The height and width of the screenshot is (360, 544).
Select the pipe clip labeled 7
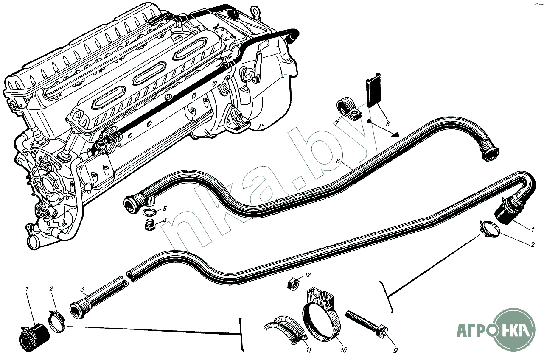click(x=348, y=108)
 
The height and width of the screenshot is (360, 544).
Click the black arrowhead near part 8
click(x=394, y=135)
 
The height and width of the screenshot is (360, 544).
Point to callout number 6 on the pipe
click(x=338, y=161)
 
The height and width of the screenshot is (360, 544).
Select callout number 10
click(x=344, y=350)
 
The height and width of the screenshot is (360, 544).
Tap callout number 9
click(x=395, y=350)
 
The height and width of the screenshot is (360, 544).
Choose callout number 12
click(x=308, y=275)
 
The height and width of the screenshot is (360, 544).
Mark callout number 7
click(x=336, y=123)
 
